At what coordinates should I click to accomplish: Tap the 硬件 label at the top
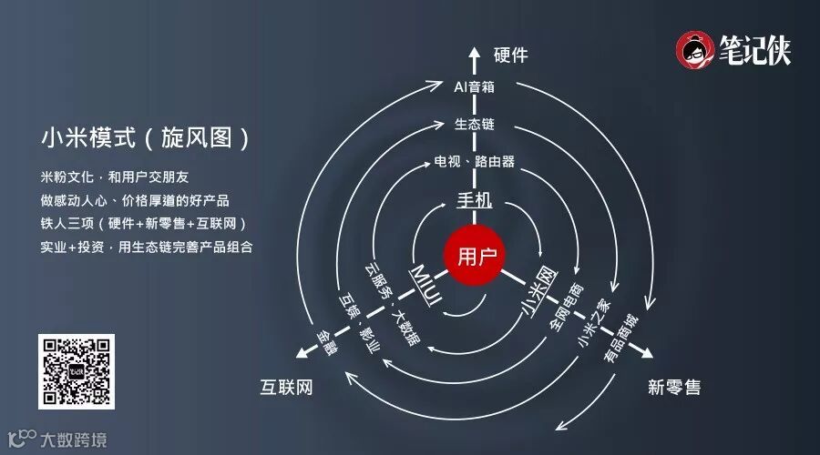pos(510,56)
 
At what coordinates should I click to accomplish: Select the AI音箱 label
pos(475,87)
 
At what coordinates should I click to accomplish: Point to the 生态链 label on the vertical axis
pos(475,124)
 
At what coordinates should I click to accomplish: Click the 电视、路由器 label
pos(475,162)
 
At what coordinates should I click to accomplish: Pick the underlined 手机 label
pos(475,198)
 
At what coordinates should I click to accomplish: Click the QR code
pos(77,371)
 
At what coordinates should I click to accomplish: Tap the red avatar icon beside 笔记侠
pos(696,49)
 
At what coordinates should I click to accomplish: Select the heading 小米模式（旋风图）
pos(145,137)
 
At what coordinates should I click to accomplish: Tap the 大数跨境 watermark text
pos(74,440)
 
